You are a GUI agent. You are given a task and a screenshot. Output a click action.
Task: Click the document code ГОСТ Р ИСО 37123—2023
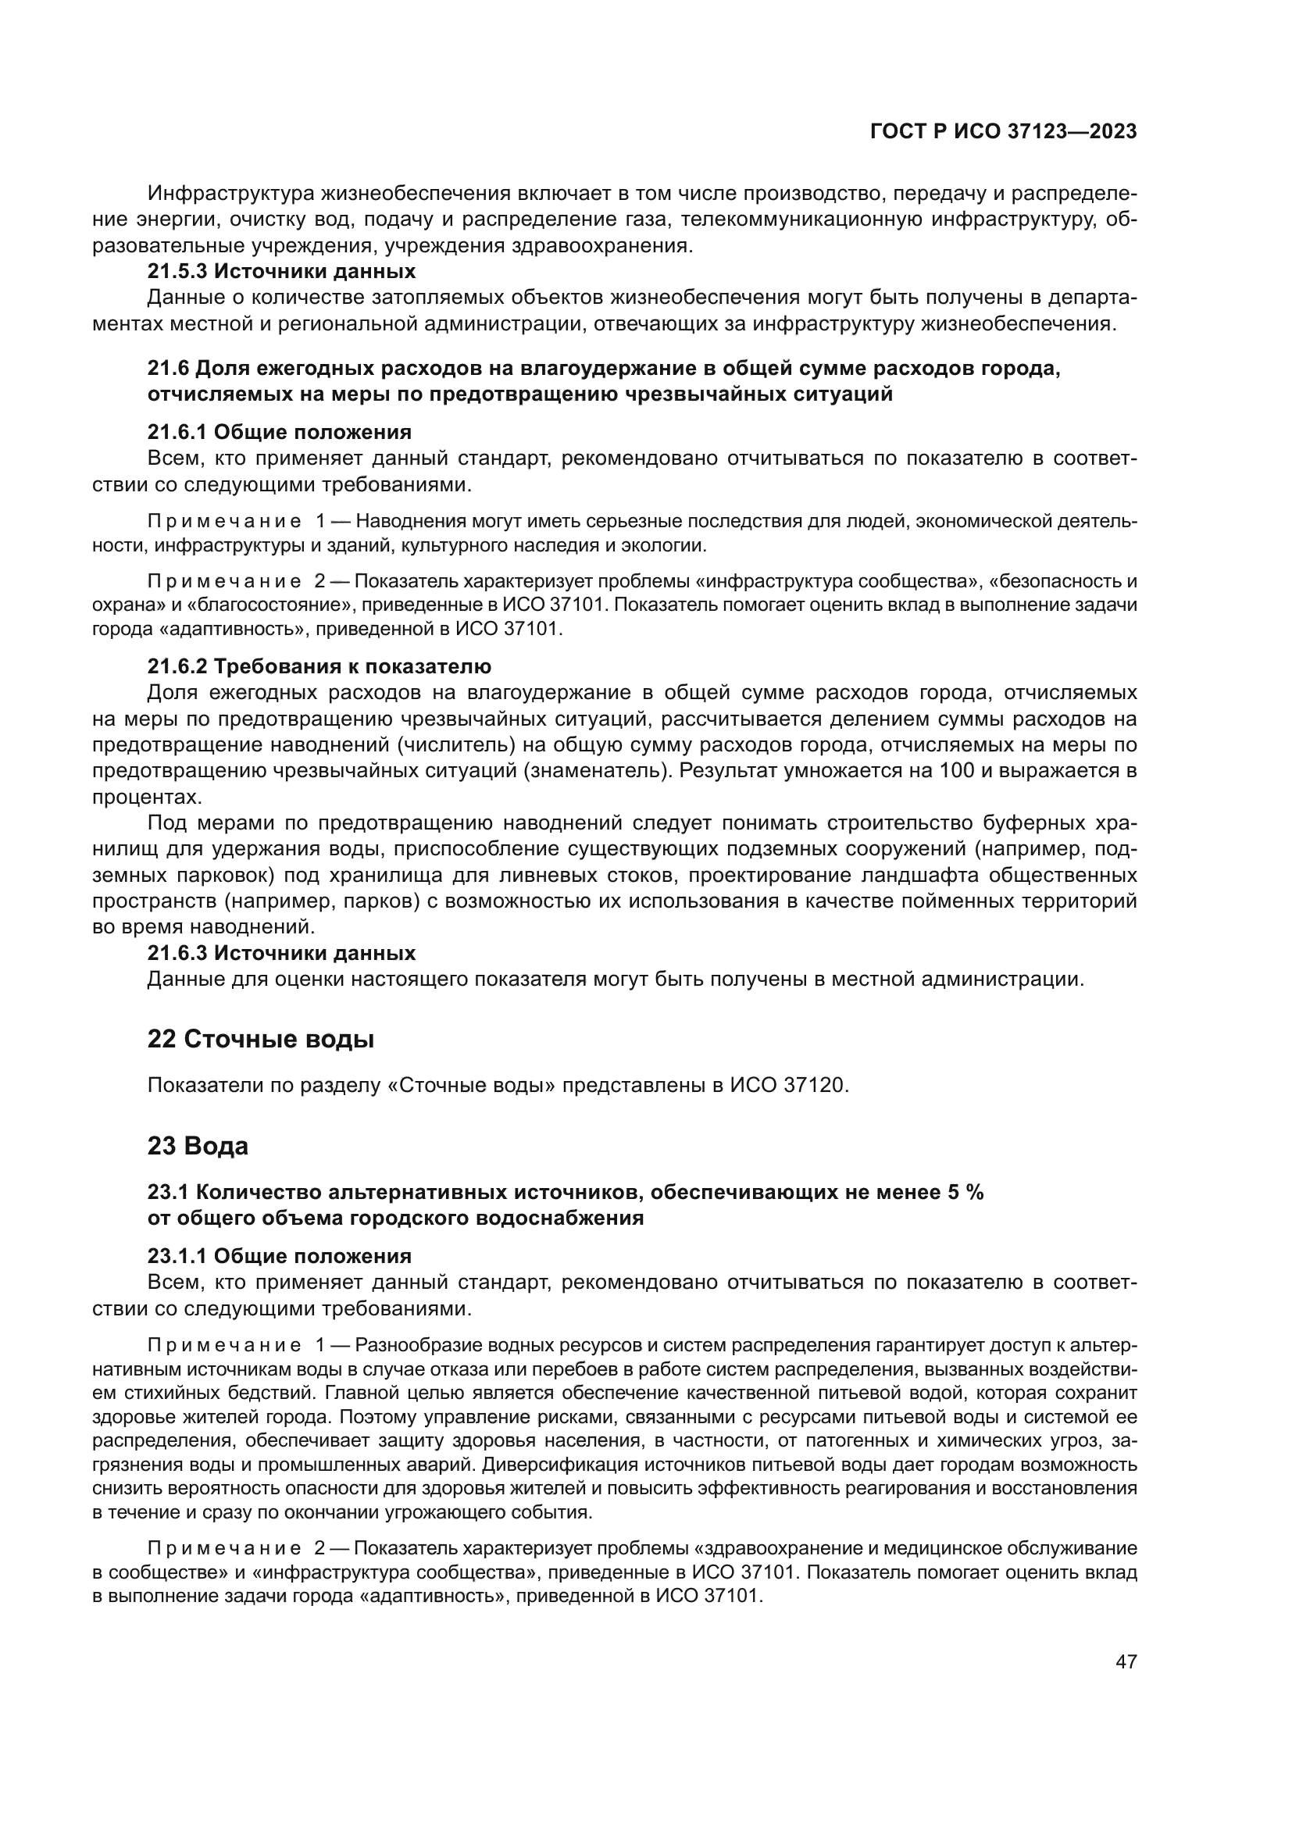click(1003, 132)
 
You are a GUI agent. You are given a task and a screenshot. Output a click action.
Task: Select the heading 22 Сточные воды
click(260, 1039)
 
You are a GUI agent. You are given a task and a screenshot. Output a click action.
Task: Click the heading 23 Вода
click(198, 1146)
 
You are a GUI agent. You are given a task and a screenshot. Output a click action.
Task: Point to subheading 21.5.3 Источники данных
click(281, 271)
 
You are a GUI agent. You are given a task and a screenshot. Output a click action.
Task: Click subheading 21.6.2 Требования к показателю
click(319, 666)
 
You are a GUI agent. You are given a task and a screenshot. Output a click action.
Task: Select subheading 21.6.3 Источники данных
click(281, 953)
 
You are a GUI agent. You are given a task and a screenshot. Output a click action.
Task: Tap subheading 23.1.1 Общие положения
click(279, 1257)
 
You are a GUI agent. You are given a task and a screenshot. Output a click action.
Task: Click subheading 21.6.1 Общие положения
click(279, 432)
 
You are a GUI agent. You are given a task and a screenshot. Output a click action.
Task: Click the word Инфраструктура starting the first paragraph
click(233, 194)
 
